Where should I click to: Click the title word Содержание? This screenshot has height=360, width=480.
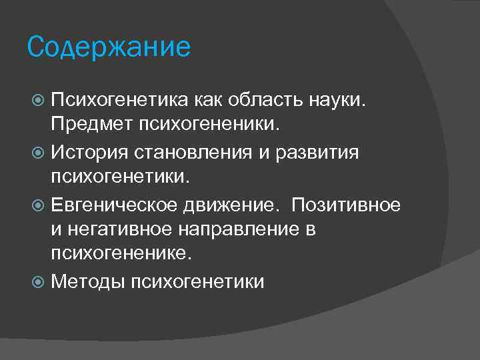pyautogui.click(x=109, y=47)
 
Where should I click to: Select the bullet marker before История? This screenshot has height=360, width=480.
pyautogui.click(x=39, y=153)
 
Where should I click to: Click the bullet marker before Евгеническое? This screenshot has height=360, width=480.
pyautogui.click(x=39, y=205)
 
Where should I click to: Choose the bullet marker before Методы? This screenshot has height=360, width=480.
pyautogui.click(x=39, y=283)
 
